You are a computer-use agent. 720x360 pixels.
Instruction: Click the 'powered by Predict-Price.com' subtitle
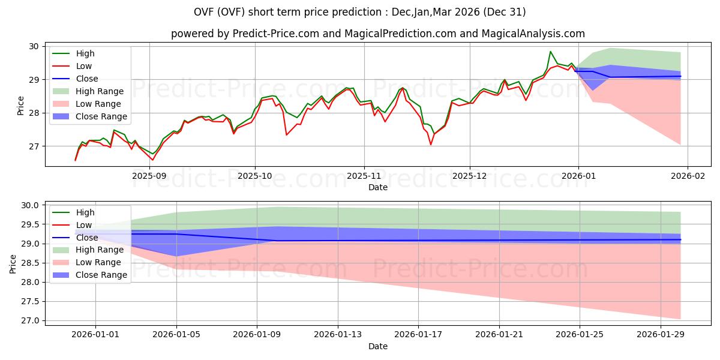377,34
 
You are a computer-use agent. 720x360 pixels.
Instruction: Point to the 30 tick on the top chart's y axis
34,46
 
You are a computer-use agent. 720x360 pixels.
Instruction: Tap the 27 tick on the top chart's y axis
34,146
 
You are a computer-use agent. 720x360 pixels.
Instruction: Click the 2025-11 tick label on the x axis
364,176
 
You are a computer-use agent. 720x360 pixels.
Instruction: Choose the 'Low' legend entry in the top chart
84,66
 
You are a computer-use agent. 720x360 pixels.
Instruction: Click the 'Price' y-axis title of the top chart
21,106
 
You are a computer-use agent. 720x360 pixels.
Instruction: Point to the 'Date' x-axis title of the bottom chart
377,346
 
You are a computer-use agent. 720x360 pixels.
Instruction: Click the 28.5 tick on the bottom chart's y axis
30,263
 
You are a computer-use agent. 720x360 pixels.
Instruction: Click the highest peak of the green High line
550,52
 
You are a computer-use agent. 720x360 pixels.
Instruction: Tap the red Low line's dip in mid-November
430,144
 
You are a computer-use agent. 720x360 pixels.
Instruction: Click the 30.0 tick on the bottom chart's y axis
30,205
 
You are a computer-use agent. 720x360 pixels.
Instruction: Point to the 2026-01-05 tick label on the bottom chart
176,334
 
